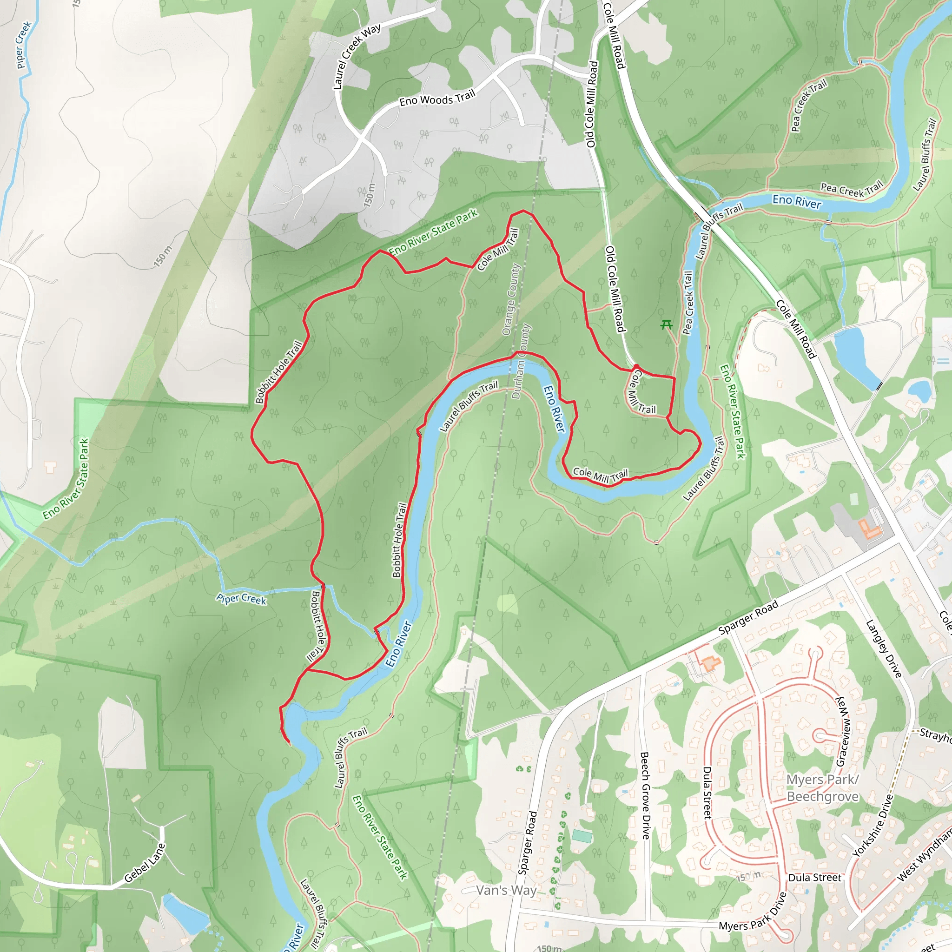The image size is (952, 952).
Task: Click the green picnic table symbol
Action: click(666, 325)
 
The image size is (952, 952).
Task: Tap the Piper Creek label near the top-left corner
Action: click(23, 45)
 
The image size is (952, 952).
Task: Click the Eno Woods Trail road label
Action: click(437, 98)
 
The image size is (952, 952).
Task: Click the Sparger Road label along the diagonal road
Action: click(747, 617)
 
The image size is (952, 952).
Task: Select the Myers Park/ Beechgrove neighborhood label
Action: click(822, 788)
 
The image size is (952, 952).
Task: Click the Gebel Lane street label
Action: click(145, 863)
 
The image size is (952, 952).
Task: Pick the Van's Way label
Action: click(506, 890)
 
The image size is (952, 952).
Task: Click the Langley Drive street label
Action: click(884, 648)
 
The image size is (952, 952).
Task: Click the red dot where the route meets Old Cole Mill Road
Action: click(636, 366)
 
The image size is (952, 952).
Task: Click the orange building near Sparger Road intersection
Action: click(870, 529)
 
